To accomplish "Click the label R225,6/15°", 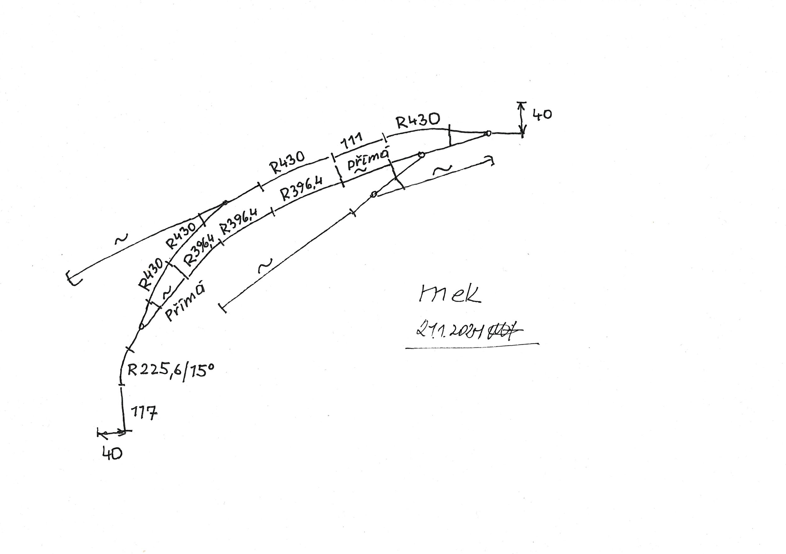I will pyautogui.click(x=170, y=371).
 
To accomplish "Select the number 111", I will pyautogui.click(x=351, y=141).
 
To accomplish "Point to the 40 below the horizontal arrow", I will pyautogui.click(x=112, y=454).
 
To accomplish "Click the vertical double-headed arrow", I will pyautogui.click(x=522, y=118).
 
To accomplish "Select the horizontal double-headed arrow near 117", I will pyautogui.click(x=111, y=433).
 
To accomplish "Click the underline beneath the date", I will pyautogui.click(x=473, y=346).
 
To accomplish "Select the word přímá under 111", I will pyautogui.click(x=368, y=159).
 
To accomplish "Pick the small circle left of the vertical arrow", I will pyautogui.click(x=489, y=133).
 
